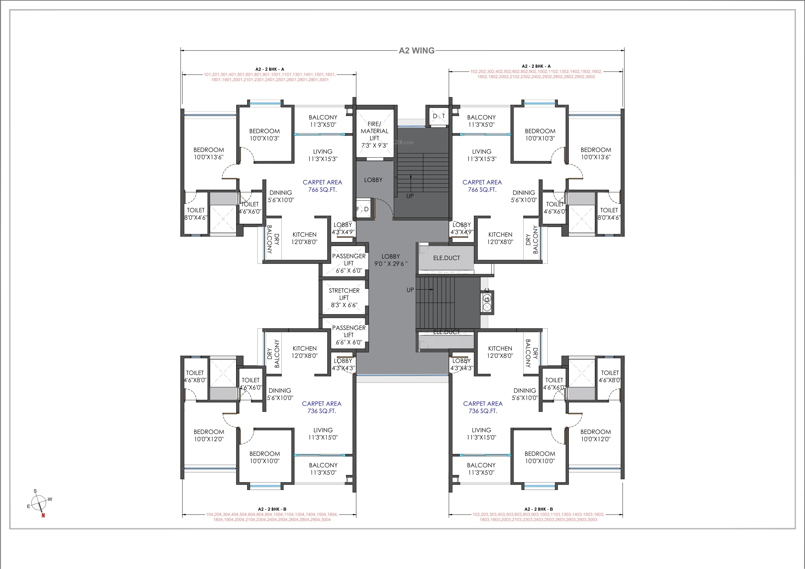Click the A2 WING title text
[416, 51]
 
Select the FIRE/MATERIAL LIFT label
[375, 135]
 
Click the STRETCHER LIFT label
[344, 298]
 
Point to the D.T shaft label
[439, 116]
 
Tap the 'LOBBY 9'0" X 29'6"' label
[390, 260]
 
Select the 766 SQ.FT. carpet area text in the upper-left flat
[322, 190]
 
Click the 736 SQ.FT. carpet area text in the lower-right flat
[483, 411]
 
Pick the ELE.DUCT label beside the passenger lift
[446, 258]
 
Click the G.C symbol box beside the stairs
[487, 301]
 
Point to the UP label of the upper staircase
[410, 196]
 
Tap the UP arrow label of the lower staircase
[410, 290]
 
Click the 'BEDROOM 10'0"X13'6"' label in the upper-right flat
[596, 154]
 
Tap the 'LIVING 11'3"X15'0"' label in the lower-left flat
[323, 434]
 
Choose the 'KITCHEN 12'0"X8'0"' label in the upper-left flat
[304, 238]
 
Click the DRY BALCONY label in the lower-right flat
[532, 353]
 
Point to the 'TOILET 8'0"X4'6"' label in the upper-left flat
[196, 214]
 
